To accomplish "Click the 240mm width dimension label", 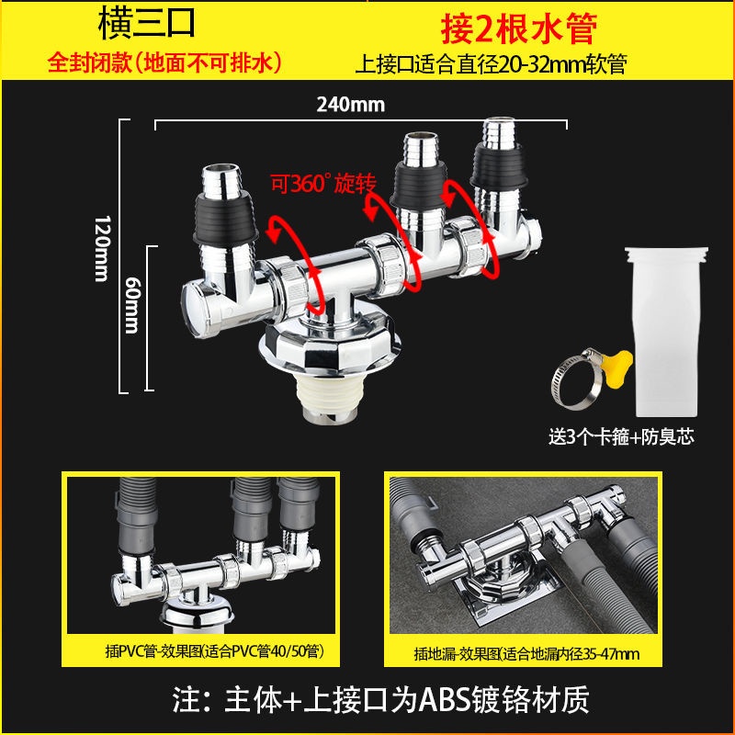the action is coord(351,104).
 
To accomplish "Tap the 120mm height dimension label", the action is coord(103,248).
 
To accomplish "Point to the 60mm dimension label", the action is coord(132,305).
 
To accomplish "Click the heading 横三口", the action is coord(146,25).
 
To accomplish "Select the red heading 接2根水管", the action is coord(519,28).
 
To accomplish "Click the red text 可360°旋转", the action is coord(323,183).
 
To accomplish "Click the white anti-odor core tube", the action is coord(665,332).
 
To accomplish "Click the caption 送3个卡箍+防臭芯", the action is coord(621,437).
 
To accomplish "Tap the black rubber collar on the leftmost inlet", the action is coord(225,219).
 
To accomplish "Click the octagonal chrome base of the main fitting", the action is coord(330,347).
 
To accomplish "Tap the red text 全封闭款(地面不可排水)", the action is coord(165,62).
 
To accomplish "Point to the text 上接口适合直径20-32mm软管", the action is coord(492,64).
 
